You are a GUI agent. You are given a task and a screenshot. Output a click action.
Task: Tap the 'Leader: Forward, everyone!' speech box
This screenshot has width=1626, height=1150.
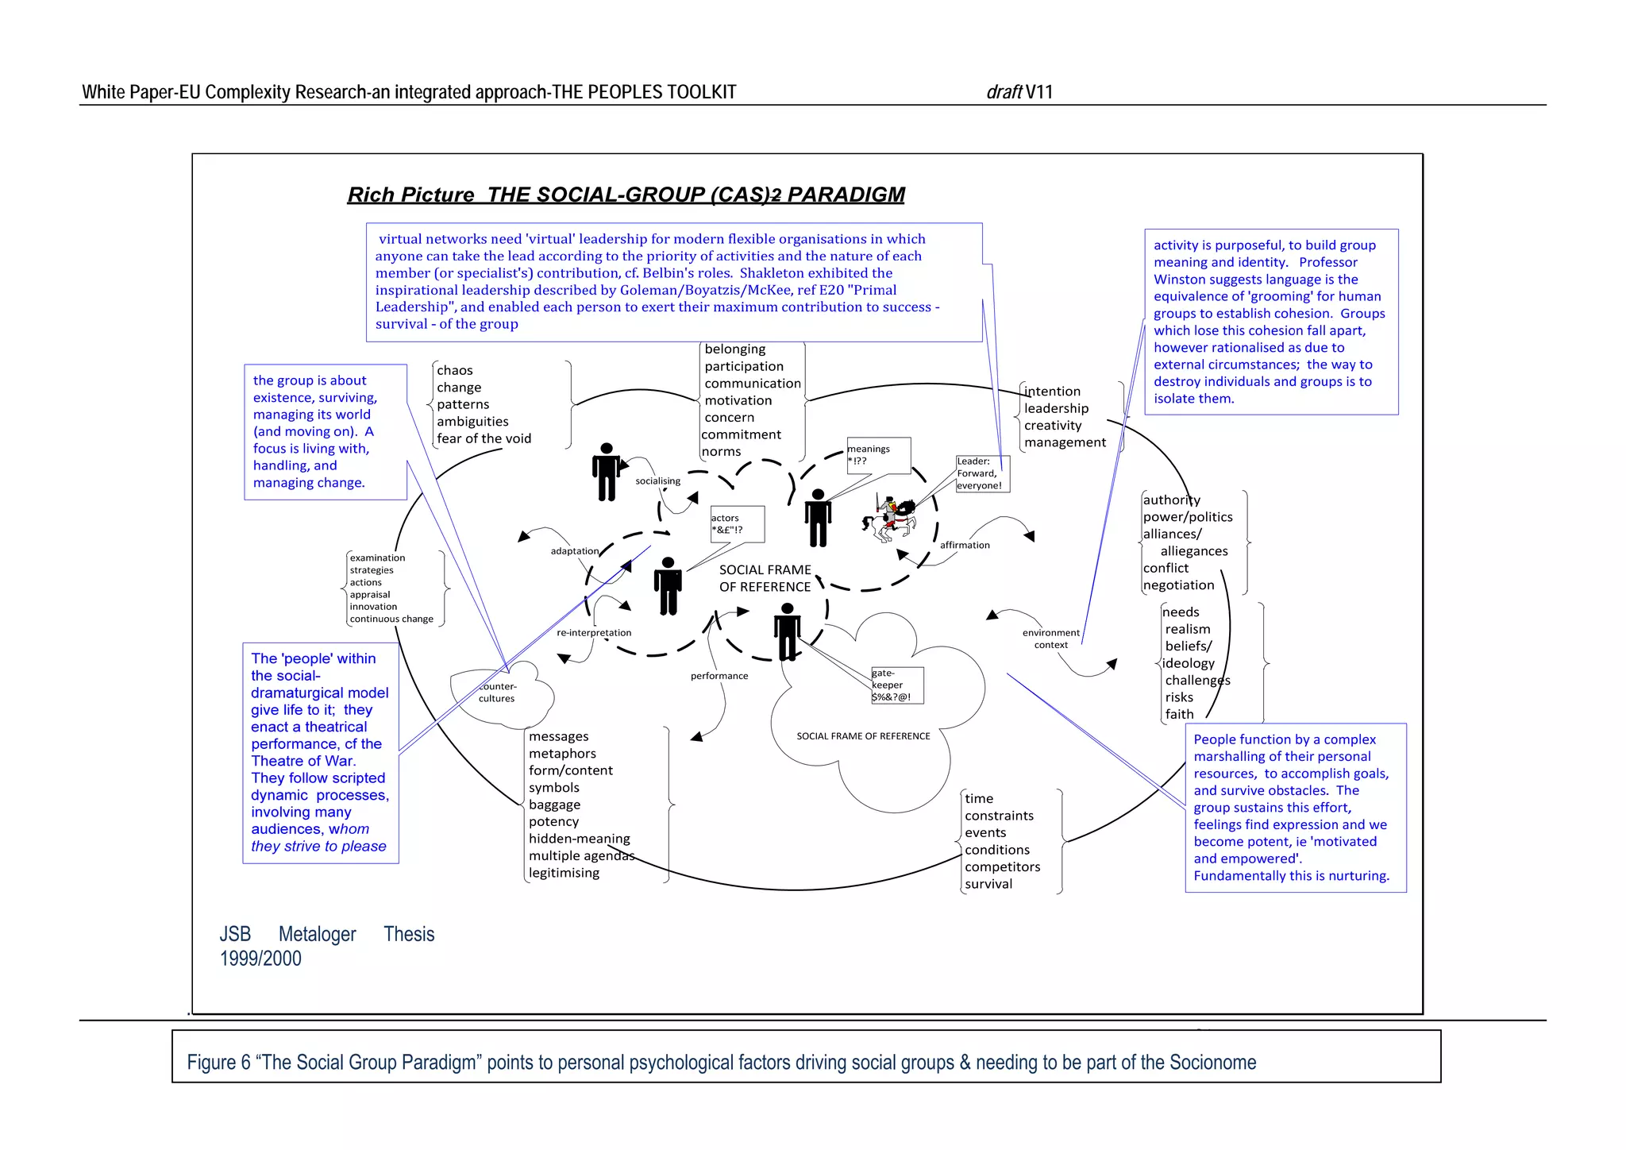click(982, 473)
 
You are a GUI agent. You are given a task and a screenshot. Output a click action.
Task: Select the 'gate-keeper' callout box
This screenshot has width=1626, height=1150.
click(896, 685)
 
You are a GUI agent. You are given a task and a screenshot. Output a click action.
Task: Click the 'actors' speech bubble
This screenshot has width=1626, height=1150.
click(738, 524)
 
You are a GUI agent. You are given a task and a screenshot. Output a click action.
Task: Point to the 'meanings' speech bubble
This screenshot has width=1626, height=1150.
click(878, 455)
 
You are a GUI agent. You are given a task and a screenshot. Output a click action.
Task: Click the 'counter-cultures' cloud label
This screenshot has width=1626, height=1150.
click(498, 693)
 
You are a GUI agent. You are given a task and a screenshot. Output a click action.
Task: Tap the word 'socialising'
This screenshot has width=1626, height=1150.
click(657, 480)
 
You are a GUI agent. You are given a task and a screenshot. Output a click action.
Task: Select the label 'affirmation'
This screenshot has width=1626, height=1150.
click(965, 545)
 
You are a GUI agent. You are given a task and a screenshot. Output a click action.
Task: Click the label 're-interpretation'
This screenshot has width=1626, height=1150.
click(594, 633)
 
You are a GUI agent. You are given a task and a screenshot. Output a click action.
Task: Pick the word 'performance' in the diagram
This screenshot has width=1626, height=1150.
click(719, 676)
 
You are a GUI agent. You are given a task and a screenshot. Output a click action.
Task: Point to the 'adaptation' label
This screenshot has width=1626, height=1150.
click(575, 551)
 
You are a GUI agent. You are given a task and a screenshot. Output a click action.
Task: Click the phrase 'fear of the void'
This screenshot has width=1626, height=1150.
click(484, 438)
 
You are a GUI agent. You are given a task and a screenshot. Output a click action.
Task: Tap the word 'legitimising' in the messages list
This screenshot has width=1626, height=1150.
click(564, 873)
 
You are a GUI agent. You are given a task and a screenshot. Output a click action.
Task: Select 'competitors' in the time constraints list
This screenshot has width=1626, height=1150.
click(1002, 867)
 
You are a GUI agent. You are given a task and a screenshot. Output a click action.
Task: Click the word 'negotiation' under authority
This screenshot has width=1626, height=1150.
click(1178, 585)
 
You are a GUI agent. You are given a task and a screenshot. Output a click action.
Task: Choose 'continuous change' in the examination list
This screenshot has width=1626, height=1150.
click(391, 619)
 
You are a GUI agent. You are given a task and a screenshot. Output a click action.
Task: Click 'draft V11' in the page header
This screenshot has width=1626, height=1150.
click(1019, 92)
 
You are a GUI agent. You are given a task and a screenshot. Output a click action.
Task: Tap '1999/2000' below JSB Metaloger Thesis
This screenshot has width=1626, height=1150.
click(260, 959)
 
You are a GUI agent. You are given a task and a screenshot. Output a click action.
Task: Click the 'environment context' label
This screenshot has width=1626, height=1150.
click(1050, 639)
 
